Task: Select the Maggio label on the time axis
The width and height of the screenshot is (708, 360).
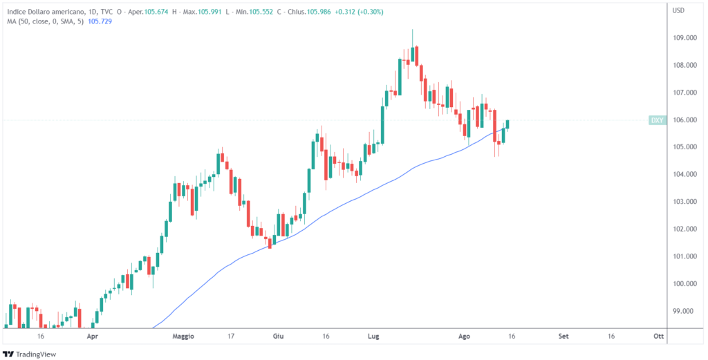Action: pos(183,337)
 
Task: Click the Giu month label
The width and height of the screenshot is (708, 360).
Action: pos(279,337)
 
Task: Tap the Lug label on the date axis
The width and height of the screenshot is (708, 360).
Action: pos(373,337)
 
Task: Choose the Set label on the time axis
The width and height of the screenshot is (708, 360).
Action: pos(563,337)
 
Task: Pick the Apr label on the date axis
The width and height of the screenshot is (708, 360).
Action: pos(92,337)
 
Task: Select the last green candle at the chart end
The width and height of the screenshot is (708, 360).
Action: pos(507,124)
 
